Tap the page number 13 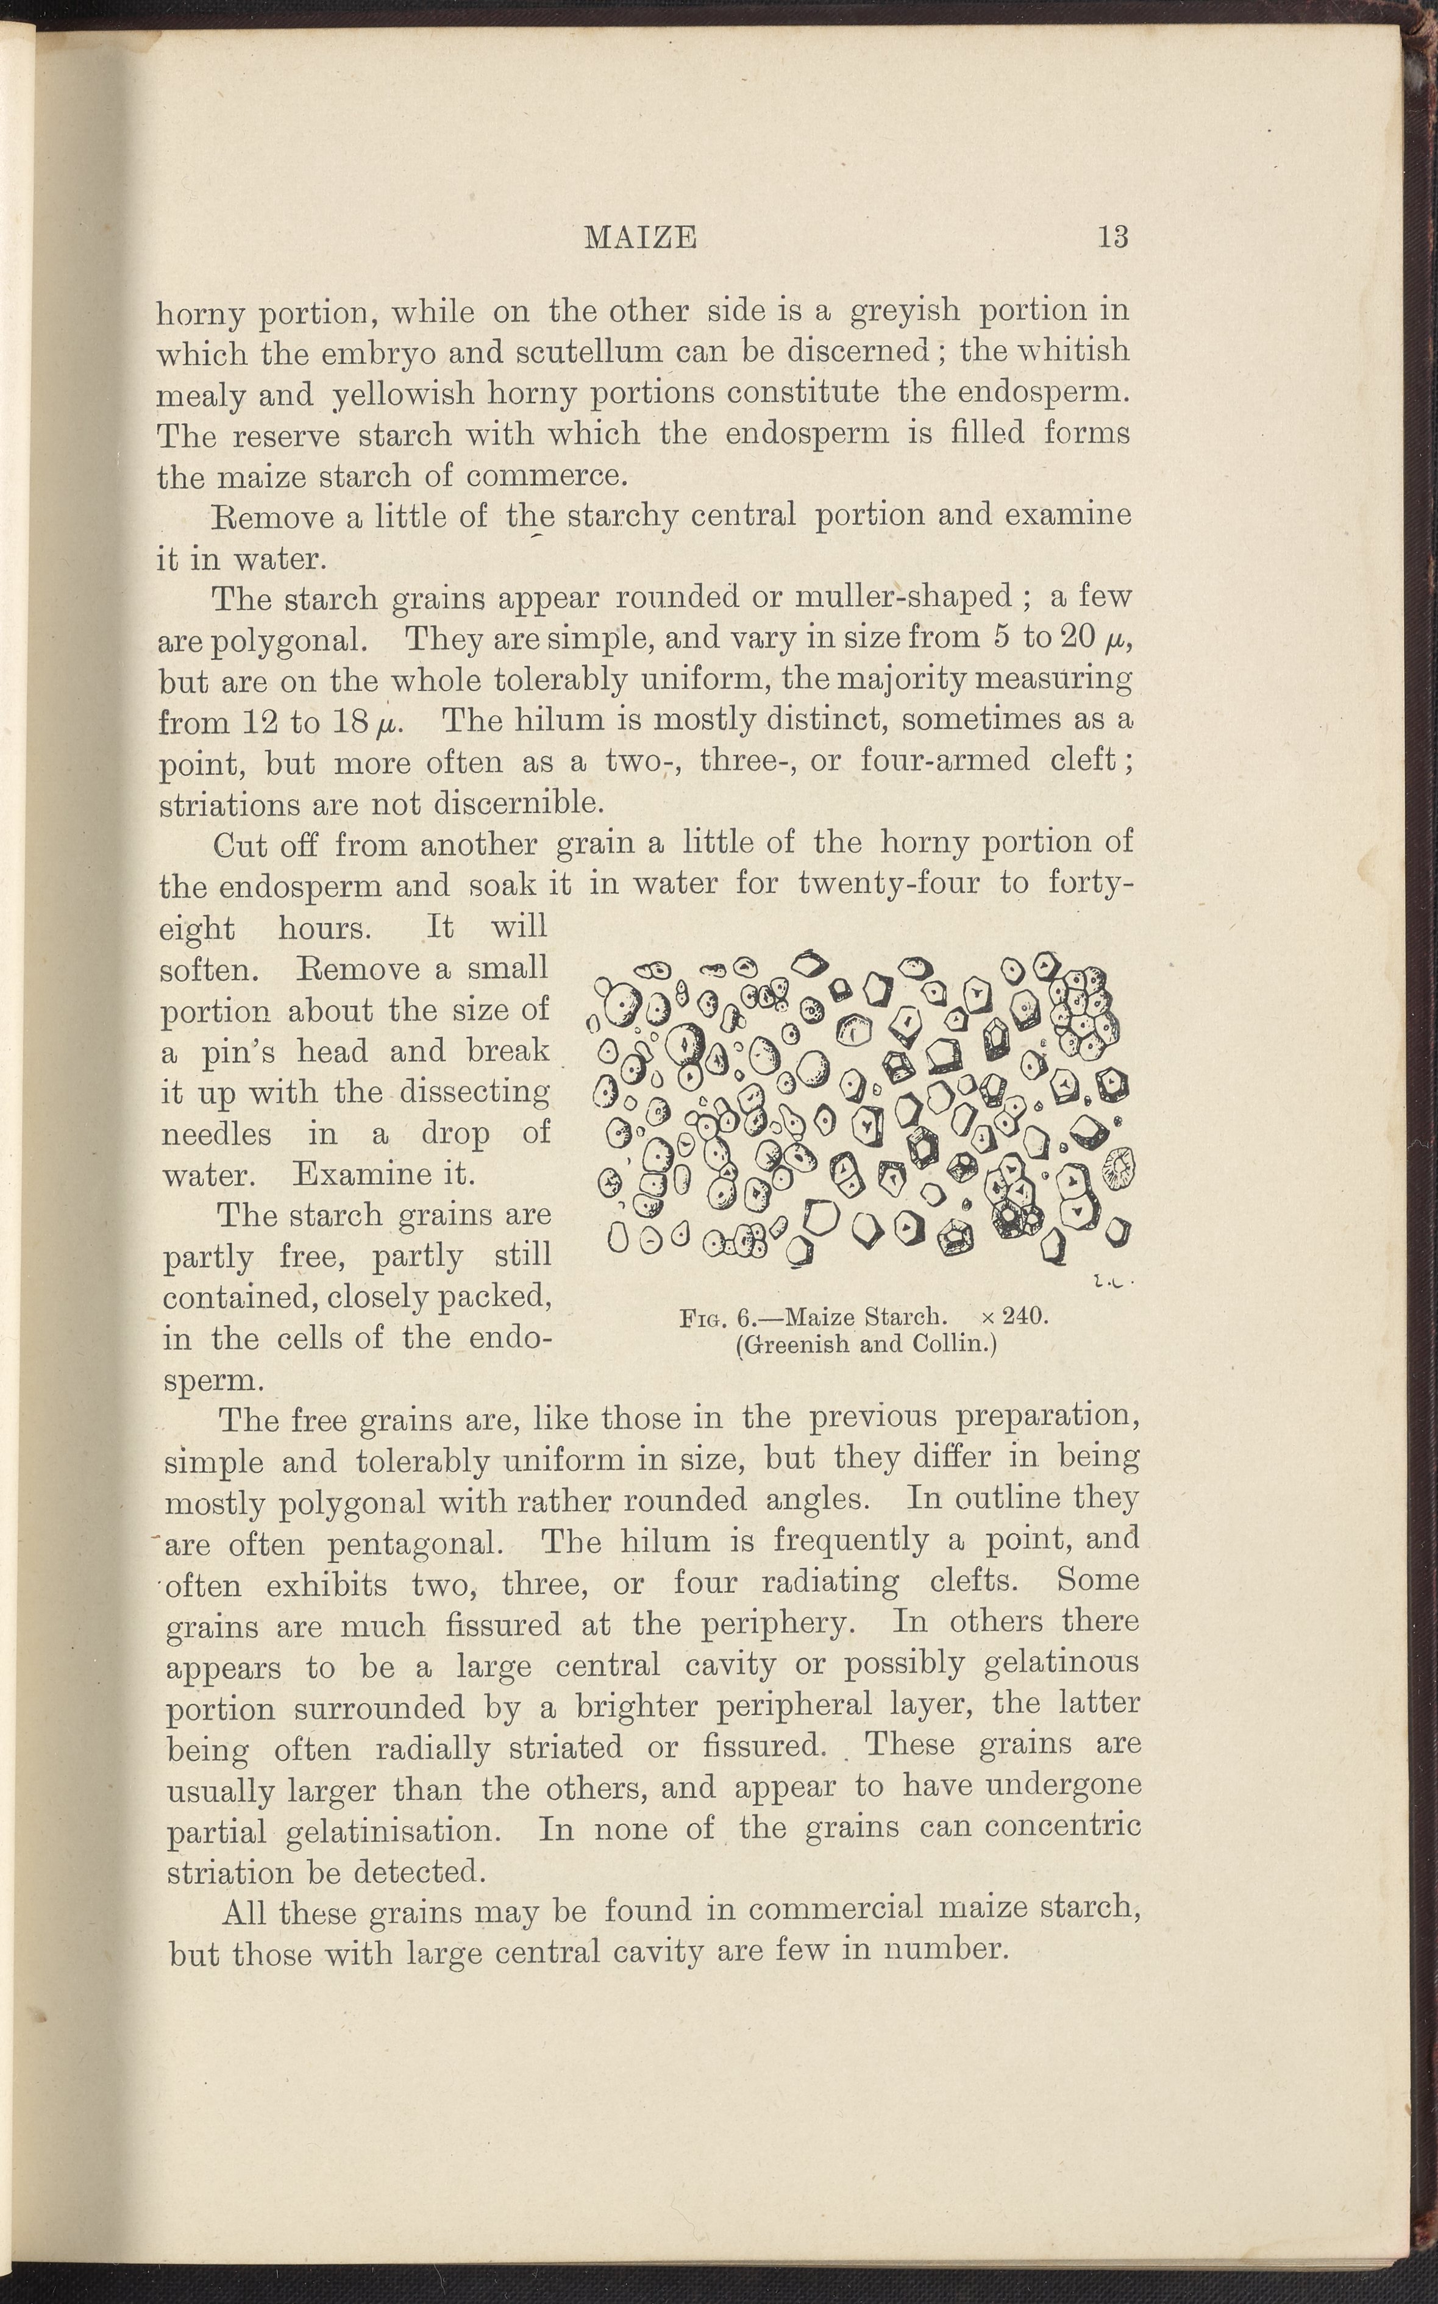pos(1112,236)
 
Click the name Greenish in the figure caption pos(797,1345)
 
